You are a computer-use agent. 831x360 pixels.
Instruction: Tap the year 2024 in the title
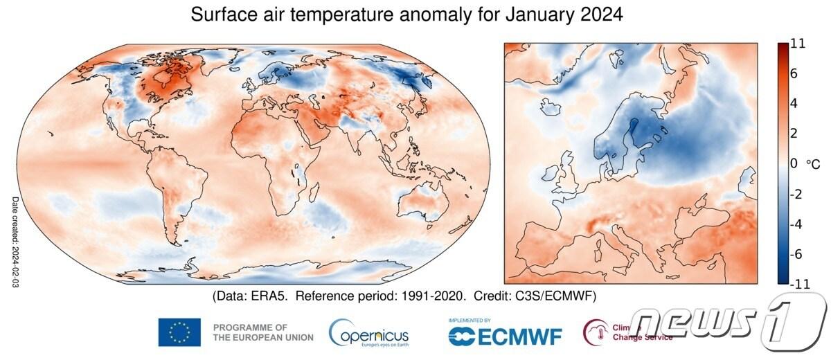pyautogui.click(x=598, y=15)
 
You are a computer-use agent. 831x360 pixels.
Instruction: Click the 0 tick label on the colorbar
pyautogui.click(x=794, y=163)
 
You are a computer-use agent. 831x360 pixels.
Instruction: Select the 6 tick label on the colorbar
pyautogui.click(x=794, y=73)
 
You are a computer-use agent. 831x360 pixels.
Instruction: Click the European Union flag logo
pyautogui.click(x=179, y=332)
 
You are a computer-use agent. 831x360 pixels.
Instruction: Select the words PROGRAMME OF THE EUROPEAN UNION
pyautogui.click(x=263, y=332)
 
